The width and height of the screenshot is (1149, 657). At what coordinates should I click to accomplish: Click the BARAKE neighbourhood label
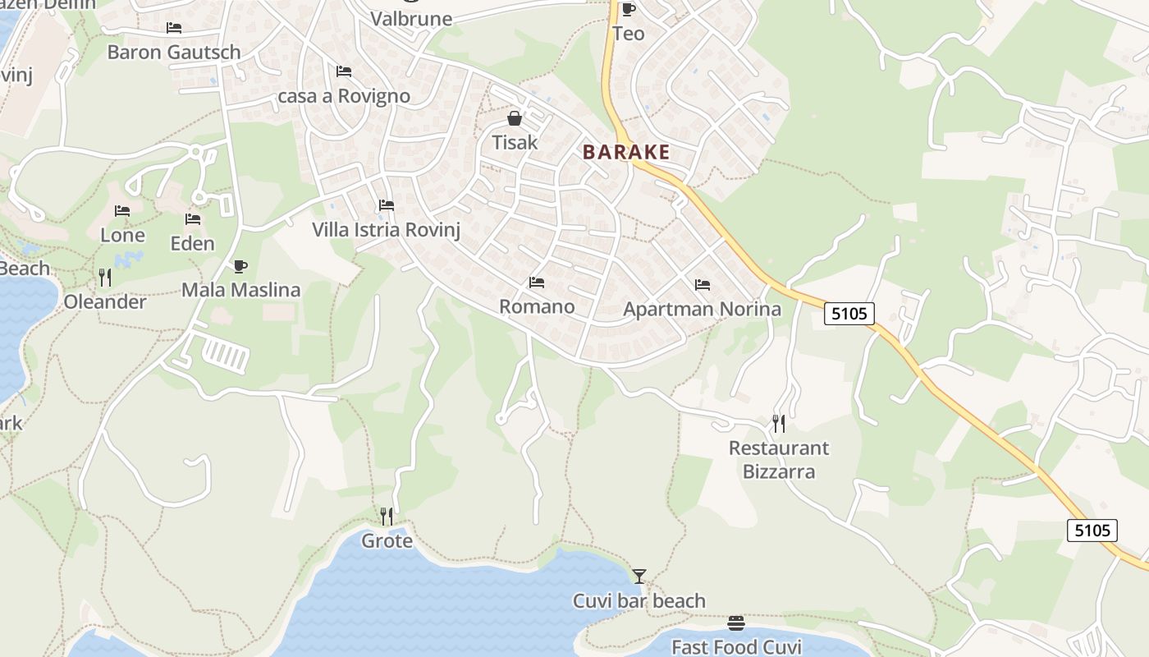pos(626,152)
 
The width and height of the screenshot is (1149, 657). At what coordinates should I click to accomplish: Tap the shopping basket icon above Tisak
pos(515,118)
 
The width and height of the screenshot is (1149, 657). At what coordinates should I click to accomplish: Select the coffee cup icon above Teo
pos(628,9)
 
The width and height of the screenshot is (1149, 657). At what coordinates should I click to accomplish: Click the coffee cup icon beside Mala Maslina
pos(240,266)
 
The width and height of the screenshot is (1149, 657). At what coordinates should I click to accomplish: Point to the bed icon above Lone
pos(122,211)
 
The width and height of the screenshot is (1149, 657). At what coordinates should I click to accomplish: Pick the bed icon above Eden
pos(193,219)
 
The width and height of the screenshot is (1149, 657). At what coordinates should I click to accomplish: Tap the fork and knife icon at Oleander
pos(105,278)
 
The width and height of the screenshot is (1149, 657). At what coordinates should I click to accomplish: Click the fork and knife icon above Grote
pos(387,517)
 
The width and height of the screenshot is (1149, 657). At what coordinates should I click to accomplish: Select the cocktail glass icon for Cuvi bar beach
pos(639,577)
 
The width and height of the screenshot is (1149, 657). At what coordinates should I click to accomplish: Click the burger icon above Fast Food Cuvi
pos(736,623)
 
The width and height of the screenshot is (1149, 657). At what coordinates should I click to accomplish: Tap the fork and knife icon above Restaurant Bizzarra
pos(779,424)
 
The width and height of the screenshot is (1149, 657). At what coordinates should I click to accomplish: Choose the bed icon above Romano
pos(537,283)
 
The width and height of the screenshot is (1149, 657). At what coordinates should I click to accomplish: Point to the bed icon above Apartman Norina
pos(703,285)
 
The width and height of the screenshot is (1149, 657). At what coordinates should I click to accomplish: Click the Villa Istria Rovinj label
pos(386,230)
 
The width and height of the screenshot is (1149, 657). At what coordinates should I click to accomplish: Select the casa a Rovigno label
pos(344,96)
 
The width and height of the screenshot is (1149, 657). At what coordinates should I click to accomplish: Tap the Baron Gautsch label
pos(174,53)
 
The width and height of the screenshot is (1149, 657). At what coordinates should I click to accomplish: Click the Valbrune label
pos(411,19)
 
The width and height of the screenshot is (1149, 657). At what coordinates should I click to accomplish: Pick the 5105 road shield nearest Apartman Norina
pos(849,313)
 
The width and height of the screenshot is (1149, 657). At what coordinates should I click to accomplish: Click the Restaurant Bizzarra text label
pos(779,459)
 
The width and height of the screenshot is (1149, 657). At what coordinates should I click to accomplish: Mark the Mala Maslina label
pos(240,290)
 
